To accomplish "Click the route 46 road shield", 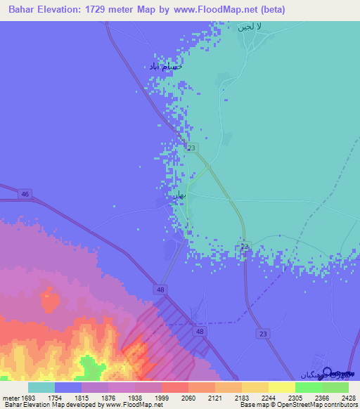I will point(25,193).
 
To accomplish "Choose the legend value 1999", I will point(161,397).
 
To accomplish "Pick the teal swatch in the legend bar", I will point(41,387).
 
